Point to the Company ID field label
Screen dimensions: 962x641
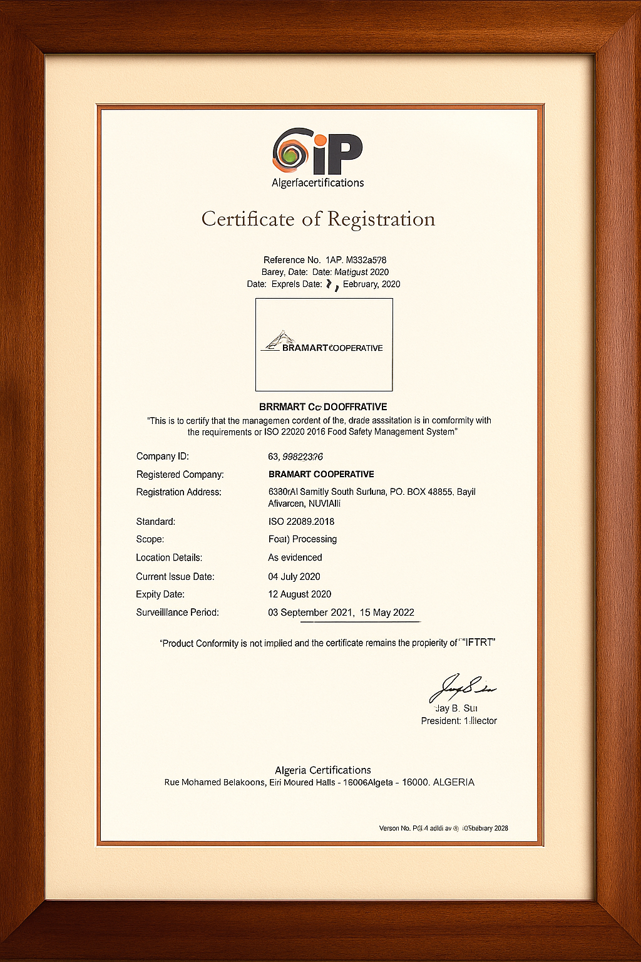(x=162, y=457)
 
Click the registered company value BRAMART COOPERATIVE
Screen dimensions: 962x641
(x=320, y=474)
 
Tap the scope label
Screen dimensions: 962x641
(x=150, y=539)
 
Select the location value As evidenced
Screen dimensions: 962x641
(x=295, y=557)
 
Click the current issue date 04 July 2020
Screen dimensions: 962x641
(x=294, y=576)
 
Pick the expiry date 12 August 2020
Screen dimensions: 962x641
(x=299, y=594)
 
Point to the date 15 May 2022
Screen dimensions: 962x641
(x=387, y=613)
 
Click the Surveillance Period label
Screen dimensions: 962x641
(x=177, y=613)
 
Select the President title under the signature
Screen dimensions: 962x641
(x=459, y=721)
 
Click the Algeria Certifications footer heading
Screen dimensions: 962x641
(x=322, y=770)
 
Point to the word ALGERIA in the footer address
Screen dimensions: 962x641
(x=453, y=782)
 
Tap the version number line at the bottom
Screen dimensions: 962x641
(x=443, y=829)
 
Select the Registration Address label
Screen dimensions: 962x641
(x=178, y=492)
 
